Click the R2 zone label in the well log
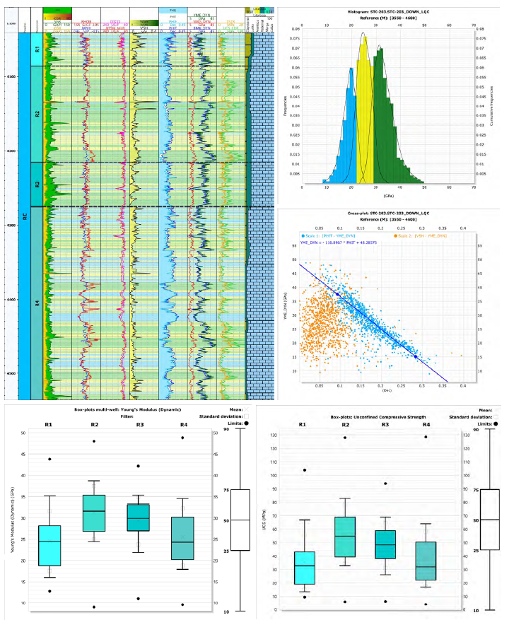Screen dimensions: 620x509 pyautogui.click(x=37, y=114)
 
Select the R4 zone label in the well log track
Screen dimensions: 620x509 pyautogui.click(x=37, y=303)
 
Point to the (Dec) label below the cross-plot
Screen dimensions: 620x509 pyautogui.click(x=387, y=391)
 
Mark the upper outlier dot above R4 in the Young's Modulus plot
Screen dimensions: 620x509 pyautogui.click(x=182, y=438)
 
